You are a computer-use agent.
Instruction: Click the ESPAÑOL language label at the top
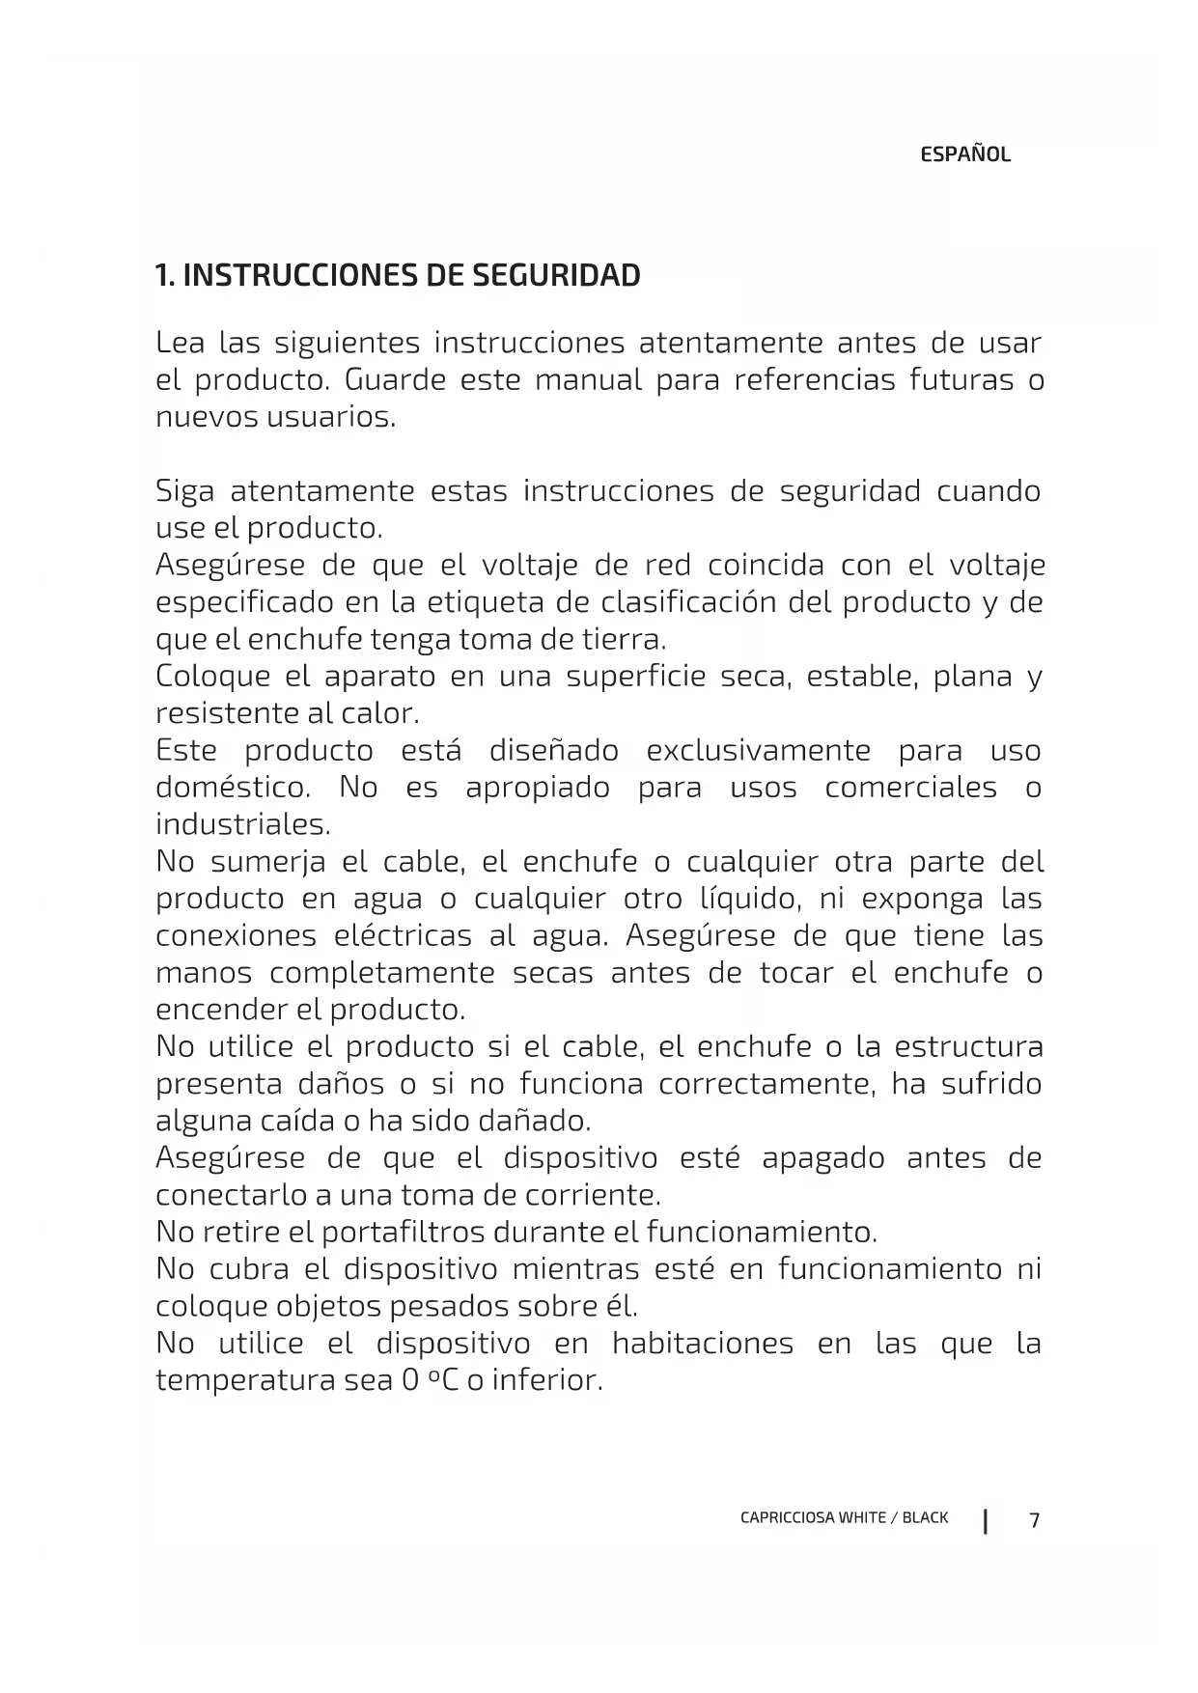click(964, 154)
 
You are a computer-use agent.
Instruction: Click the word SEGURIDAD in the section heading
click(556, 276)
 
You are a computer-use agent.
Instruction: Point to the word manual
click(588, 380)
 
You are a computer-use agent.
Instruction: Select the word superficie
click(635, 677)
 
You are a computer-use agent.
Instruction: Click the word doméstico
click(233, 788)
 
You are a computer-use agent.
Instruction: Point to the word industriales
click(242, 825)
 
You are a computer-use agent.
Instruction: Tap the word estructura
click(968, 1047)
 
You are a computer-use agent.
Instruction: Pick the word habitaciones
click(702, 1344)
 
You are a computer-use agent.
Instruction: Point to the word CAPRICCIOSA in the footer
click(786, 1517)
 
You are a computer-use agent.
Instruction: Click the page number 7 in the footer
click(1034, 1520)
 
